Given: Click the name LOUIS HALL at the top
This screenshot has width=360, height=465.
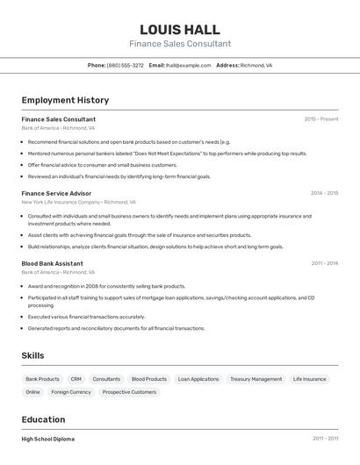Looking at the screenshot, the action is pyautogui.click(x=180, y=29).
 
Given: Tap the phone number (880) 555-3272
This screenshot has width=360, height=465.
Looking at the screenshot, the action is pyautogui.click(x=126, y=65).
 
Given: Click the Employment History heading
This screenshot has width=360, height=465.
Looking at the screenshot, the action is pyautogui.click(x=65, y=100).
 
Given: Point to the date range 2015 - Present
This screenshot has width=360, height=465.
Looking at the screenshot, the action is pyautogui.click(x=321, y=119).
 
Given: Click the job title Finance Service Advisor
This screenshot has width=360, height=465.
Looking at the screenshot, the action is pyautogui.click(x=56, y=193).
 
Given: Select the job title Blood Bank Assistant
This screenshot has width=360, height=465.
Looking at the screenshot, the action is pyautogui.click(x=52, y=263).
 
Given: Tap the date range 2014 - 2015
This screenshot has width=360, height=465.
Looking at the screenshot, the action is pyautogui.click(x=324, y=193).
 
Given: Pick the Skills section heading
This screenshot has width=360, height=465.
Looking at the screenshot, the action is pyautogui.click(x=32, y=355).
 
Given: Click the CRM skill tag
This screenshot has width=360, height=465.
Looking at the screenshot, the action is pyautogui.click(x=76, y=379).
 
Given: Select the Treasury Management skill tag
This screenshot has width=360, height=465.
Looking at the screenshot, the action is pyautogui.click(x=256, y=379).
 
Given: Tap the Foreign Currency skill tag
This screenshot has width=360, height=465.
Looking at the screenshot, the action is pyautogui.click(x=70, y=392).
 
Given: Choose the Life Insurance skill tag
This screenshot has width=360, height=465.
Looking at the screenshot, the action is pyautogui.click(x=309, y=379).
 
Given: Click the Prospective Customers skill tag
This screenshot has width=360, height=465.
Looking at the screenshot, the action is pyautogui.click(x=129, y=392).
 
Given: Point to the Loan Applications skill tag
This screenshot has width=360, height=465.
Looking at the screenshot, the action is pyautogui.click(x=198, y=379).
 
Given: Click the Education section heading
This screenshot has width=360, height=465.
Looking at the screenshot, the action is pyautogui.click(x=43, y=419).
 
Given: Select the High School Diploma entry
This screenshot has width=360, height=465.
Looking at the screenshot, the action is pyautogui.click(x=48, y=439).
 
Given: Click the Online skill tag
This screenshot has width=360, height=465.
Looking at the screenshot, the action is pyautogui.click(x=32, y=392).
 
